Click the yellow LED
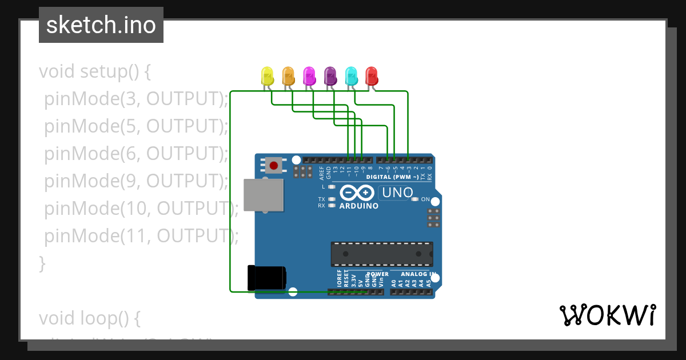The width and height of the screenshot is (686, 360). (267, 75)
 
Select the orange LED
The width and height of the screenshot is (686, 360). (288, 75)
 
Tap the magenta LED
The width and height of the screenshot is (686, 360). (309, 75)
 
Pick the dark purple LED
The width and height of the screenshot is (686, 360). (330, 75)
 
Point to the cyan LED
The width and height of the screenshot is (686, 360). (351, 75)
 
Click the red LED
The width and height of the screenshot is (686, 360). (372, 75)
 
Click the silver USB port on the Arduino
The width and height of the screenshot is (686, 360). (263, 195)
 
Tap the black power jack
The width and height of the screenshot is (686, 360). (266, 278)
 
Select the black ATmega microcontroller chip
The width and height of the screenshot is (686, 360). (381, 254)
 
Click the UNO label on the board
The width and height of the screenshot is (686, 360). (397, 193)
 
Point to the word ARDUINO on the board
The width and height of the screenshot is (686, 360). (358, 206)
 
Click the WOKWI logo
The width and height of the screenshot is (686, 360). (607, 315)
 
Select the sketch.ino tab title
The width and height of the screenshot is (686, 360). (101, 25)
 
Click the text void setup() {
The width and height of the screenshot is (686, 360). (95, 71)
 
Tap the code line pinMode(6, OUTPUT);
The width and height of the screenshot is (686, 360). (136, 154)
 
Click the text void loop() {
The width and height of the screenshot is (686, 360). (89, 318)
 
